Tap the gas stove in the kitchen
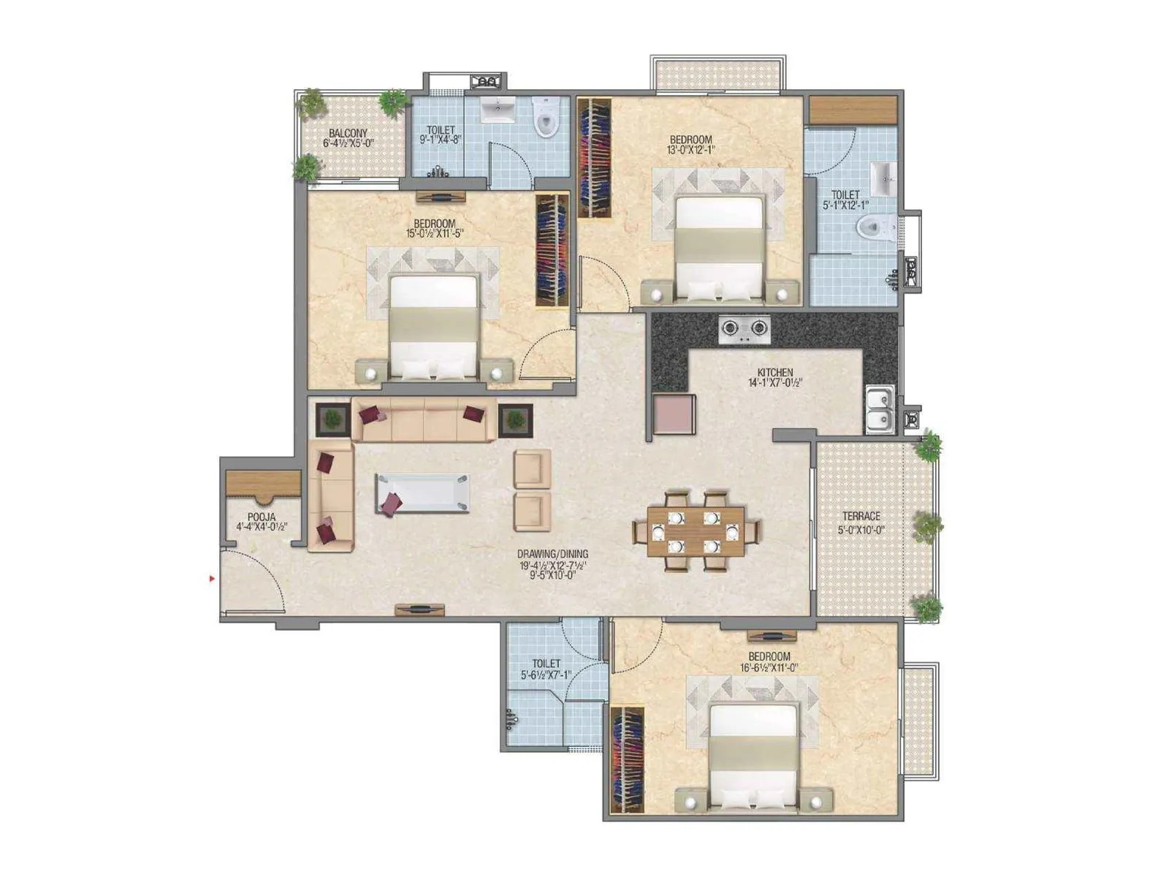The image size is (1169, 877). coord(744,330)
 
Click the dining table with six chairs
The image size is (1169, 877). coord(696,531)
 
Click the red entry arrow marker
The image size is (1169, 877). coord(212,579)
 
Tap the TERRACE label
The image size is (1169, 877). coord(861,516)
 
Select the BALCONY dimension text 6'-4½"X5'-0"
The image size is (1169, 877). coord(349,143)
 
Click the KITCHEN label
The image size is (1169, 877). coord(774,373)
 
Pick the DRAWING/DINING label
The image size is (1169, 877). coord(552,554)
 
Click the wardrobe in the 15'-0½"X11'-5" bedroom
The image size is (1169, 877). coord(552,251)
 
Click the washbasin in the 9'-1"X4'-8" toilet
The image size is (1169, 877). coord(500,111)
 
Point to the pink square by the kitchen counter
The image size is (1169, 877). coord(674,414)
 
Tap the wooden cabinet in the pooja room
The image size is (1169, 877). coord(263,485)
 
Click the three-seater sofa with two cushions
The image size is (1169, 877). coord(424,420)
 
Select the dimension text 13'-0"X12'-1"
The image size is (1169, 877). coord(691,150)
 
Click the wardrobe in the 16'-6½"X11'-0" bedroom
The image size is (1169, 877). coord(628,759)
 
